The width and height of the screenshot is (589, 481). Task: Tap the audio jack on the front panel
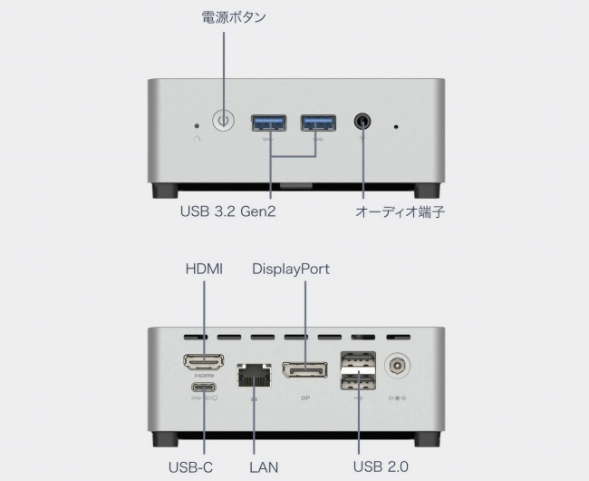(x=364, y=122)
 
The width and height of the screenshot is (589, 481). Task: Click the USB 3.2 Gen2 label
(x=227, y=212)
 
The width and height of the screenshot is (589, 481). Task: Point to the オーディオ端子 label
(x=400, y=212)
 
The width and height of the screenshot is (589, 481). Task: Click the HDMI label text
(x=204, y=269)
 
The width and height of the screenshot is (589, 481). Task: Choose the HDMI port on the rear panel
(x=204, y=362)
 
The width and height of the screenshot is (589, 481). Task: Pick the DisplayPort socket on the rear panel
(x=304, y=370)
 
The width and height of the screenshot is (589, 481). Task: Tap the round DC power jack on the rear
(x=397, y=366)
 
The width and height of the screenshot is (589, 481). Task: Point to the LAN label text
(x=264, y=467)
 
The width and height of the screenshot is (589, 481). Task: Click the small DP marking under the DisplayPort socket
(x=304, y=397)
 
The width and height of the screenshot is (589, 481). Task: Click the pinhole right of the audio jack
(x=396, y=125)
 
